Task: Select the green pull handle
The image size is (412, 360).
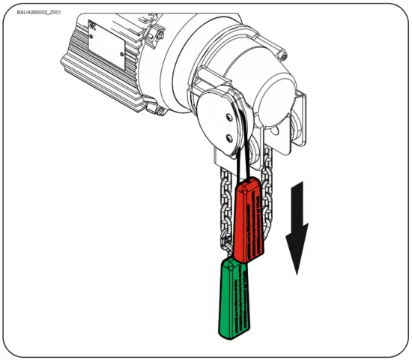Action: (x=234, y=300)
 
